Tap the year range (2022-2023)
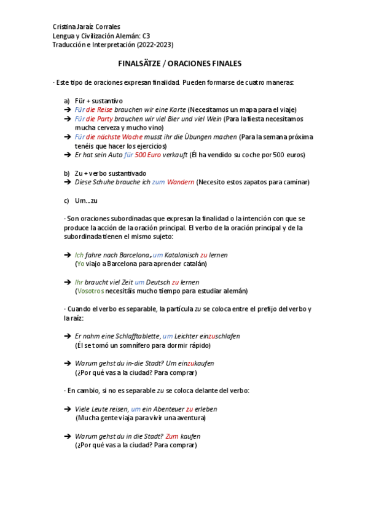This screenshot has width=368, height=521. click(x=152, y=45)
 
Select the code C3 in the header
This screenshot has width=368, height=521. click(x=146, y=36)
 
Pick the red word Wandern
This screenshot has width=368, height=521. click(x=181, y=182)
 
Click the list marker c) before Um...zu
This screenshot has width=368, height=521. click(x=66, y=200)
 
